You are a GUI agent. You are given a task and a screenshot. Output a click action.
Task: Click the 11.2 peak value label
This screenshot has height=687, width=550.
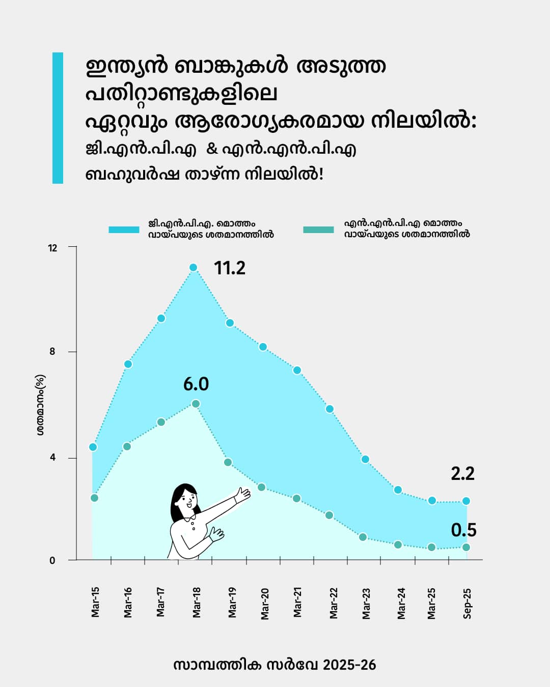pyautogui.click(x=230, y=268)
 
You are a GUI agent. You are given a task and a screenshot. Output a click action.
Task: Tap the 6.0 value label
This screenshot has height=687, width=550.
pyautogui.click(x=196, y=384)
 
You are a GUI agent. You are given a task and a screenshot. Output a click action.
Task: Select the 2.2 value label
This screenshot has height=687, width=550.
pyautogui.click(x=462, y=474)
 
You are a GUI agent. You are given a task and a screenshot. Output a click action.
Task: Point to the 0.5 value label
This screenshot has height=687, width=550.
pyautogui.click(x=463, y=530)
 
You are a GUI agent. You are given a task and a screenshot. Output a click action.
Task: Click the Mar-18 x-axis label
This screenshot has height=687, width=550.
pyautogui.click(x=197, y=603)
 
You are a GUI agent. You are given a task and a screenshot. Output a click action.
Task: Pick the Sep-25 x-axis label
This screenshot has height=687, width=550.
pyautogui.click(x=467, y=604)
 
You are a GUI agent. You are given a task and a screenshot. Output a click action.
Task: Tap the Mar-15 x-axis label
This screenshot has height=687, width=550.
pyautogui.click(x=95, y=603)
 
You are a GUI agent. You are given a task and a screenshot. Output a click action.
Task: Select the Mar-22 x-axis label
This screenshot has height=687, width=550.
pyautogui.click(x=334, y=603)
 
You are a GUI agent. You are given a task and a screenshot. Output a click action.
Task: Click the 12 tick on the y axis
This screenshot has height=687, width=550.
pyautogui.click(x=52, y=248)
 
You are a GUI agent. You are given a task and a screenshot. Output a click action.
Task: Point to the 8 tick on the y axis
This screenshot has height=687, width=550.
pyautogui.click(x=52, y=352)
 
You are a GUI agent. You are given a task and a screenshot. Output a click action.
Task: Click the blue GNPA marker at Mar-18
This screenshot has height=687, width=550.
pyautogui.click(x=193, y=268)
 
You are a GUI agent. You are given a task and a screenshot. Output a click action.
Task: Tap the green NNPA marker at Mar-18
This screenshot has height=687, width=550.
pyautogui.click(x=196, y=404)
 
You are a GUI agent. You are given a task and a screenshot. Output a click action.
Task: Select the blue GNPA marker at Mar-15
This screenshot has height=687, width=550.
pyautogui.click(x=93, y=447)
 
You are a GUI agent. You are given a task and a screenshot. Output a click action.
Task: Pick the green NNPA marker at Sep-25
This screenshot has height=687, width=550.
pyautogui.click(x=465, y=548)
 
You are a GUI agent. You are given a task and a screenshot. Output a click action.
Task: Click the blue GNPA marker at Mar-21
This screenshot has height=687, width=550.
pyautogui.click(x=297, y=370)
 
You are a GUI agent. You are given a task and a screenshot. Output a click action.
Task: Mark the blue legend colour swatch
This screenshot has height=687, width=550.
pyautogui.click(x=124, y=230)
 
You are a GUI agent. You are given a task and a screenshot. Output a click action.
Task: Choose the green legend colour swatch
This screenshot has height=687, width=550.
pyautogui.click(x=318, y=230)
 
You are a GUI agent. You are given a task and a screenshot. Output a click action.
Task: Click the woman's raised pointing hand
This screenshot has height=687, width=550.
pyautogui.click(x=243, y=494)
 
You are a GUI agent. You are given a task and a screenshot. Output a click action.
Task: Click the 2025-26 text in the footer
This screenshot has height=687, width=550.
pyautogui.click(x=349, y=665)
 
